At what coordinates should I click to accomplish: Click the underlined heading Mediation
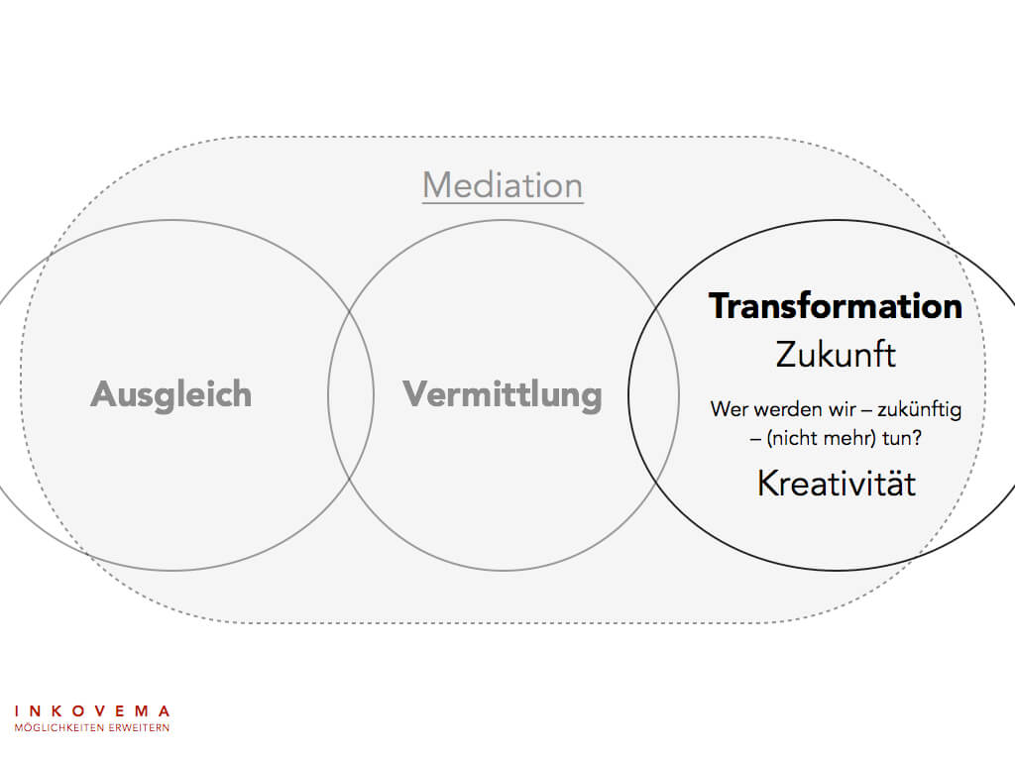pos(503,185)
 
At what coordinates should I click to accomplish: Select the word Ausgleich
pos(171,394)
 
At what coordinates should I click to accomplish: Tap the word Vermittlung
pos(503,394)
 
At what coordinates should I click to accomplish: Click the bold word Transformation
pos(836,306)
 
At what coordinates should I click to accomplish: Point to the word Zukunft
pos(836,354)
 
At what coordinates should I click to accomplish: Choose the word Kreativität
pos(836,484)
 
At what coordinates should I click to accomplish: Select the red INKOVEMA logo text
pos(92,710)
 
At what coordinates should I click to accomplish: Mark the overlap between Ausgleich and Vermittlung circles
pos(351,394)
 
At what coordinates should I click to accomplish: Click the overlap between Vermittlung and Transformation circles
pos(654,394)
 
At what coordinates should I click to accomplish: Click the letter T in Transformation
pos(721,306)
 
